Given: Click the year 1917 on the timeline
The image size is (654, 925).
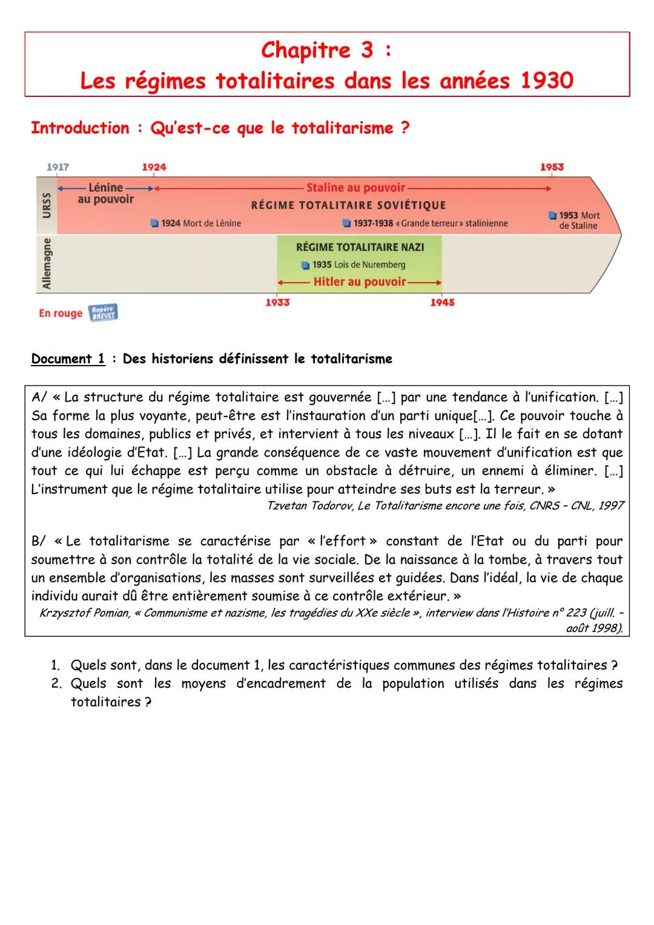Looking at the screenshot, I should pyautogui.click(x=58, y=166).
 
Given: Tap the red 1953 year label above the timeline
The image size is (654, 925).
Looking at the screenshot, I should pyautogui.click(x=552, y=166).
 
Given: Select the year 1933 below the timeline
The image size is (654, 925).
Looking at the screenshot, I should pyautogui.click(x=277, y=302).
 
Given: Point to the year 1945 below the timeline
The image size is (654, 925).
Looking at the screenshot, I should pyautogui.click(x=442, y=302).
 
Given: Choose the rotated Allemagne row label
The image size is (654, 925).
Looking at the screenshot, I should pyautogui.click(x=47, y=263).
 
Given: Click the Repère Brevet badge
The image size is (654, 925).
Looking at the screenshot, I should pyautogui.click(x=103, y=312).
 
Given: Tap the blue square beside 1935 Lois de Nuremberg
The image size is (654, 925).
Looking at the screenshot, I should pyautogui.click(x=306, y=265).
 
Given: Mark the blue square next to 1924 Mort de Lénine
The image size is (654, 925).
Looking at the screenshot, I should pyautogui.click(x=154, y=223).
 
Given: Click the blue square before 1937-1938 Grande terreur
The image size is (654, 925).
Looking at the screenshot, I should pyautogui.click(x=346, y=223).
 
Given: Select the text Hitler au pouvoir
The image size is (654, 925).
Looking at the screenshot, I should pyautogui.click(x=360, y=281).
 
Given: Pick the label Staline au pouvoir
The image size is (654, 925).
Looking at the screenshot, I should pyautogui.click(x=355, y=188).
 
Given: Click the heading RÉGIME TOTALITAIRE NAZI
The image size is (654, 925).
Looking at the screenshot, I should pyautogui.click(x=360, y=247).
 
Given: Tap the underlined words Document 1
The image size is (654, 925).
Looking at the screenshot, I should pyautogui.click(x=68, y=359).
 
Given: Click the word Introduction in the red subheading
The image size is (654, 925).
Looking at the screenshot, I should pyautogui.click(x=80, y=128).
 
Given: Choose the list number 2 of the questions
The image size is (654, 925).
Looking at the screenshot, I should pyautogui.click(x=56, y=683).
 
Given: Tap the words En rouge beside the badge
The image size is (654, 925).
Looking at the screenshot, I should pyautogui.click(x=61, y=313).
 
